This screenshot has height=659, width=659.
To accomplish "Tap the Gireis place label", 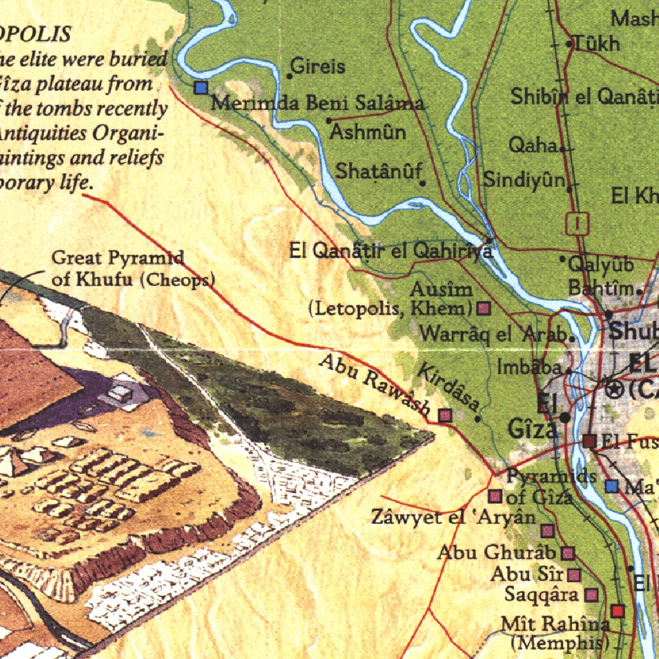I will tap(318, 66).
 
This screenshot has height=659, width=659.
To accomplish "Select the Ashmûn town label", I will tap(368, 132).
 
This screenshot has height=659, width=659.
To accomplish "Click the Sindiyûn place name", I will tap(524, 179).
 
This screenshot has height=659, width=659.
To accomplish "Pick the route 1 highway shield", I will tap(577, 223).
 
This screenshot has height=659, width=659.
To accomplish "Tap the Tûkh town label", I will tap(597, 44).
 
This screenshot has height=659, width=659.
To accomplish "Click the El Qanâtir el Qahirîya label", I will tap(391, 251).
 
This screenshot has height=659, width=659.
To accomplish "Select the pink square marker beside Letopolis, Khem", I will tap(483, 308).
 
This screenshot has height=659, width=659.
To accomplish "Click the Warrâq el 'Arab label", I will tap(493, 335).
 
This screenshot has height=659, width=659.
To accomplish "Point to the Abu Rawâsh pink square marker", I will tap(445, 415).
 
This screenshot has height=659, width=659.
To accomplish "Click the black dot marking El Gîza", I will tap(565, 418).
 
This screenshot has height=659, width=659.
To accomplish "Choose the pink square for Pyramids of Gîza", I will tap(495, 496).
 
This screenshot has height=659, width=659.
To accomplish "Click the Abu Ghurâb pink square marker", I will tap(568, 553).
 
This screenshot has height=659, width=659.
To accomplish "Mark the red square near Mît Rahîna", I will tap(618, 610).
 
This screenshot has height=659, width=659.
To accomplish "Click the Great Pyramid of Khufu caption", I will tap(133, 269).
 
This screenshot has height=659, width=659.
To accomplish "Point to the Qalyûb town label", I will tap(592, 264).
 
